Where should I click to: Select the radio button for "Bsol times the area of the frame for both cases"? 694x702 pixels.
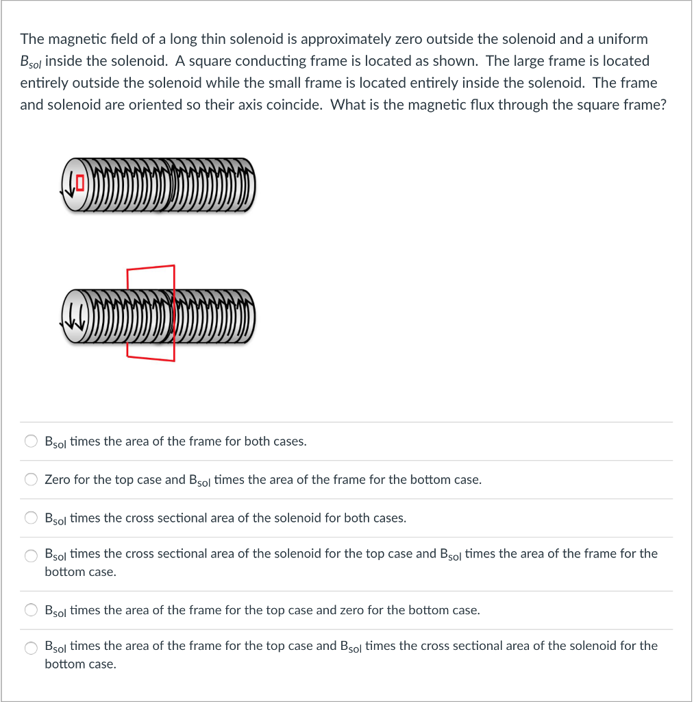coord(32,441)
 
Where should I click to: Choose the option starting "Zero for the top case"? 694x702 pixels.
coord(32,480)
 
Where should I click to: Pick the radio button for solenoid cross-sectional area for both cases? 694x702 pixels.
coord(32,518)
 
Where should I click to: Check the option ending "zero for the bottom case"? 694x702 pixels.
coord(32,610)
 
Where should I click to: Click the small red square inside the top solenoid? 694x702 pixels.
coord(79,183)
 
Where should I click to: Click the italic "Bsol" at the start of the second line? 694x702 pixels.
coord(31,62)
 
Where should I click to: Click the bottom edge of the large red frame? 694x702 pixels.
coord(151,358)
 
